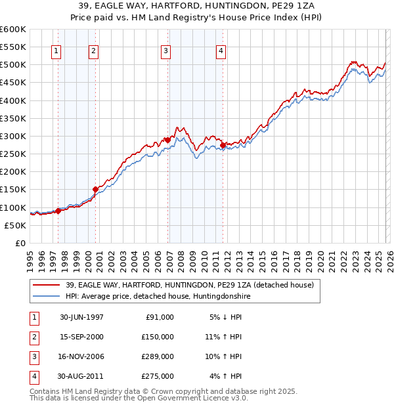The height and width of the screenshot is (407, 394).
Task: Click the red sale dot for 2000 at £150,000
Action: tap(95, 189)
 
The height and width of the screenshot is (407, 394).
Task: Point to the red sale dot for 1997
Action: tap(58, 211)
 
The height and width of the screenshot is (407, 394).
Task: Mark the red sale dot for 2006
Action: tap(167, 140)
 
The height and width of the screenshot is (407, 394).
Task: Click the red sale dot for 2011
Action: tap(223, 145)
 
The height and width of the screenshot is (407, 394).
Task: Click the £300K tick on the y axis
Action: tap(13, 136)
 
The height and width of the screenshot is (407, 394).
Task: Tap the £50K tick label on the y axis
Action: tap(15, 225)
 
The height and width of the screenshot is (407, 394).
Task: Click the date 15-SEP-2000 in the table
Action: tap(81, 336)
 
